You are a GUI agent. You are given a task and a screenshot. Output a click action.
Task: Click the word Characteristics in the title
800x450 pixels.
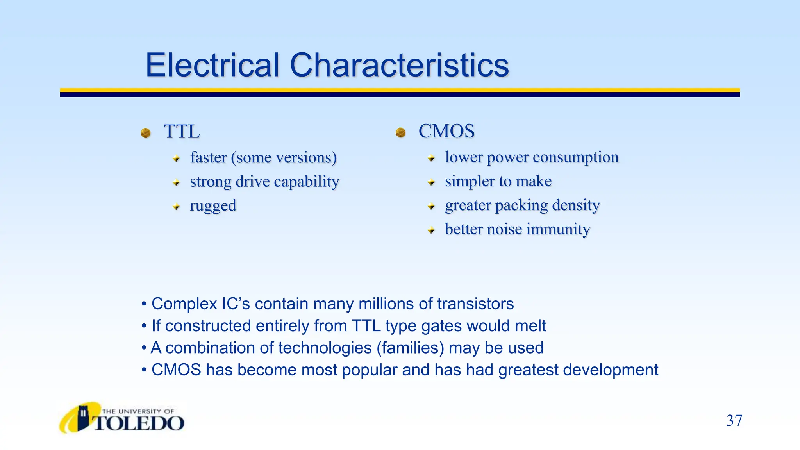coord(399,65)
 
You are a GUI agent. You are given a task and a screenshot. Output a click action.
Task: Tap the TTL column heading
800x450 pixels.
coord(182,132)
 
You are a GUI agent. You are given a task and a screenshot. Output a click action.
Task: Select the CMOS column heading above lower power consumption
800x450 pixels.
coord(446,131)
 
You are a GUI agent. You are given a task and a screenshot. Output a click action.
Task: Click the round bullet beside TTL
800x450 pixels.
coord(146,133)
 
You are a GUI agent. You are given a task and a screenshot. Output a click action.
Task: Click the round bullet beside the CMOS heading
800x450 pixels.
coord(400,133)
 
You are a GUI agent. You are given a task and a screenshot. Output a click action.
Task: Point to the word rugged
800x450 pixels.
coord(213,206)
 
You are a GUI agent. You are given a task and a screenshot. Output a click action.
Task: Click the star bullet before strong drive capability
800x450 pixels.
coord(177,182)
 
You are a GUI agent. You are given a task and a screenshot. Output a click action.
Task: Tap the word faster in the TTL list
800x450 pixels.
coord(208,158)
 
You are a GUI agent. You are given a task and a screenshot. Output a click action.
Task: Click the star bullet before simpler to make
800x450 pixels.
coord(431,182)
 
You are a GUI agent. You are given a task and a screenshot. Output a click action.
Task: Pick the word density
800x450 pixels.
coord(576,205)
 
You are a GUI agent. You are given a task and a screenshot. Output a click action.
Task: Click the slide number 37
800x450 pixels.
coord(734,421)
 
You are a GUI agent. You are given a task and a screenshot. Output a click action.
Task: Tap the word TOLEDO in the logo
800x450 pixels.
coord(139,423)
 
